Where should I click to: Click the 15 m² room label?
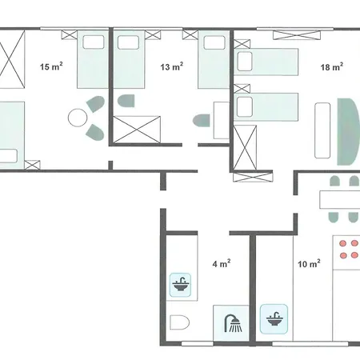coord(51,66)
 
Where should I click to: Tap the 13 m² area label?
coord(172,66)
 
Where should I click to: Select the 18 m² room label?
coord(332,66)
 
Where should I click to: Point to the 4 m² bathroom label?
coord(222,263)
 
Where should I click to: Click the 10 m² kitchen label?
coord(309,264)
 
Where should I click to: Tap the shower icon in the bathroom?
coord(233,323)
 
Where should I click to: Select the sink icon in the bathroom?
coord(181,285)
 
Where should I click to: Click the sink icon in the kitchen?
coord(274,319)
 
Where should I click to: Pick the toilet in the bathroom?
coord(179,322)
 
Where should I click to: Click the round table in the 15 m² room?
coord(78,118)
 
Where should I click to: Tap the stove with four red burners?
coord(346,253)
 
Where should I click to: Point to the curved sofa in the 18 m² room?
coord(348,132)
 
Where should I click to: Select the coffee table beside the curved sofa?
coord(322,130)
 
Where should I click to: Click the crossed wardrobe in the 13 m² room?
coord(137,130)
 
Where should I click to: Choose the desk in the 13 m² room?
coord(222,120)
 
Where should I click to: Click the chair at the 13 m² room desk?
coord(202,121)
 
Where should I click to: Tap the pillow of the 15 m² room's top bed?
coord(94,42)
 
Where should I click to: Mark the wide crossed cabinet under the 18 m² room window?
coord(297,35)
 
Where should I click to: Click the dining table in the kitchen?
coord(340,199)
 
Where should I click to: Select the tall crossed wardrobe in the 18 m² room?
coord(245,148)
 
